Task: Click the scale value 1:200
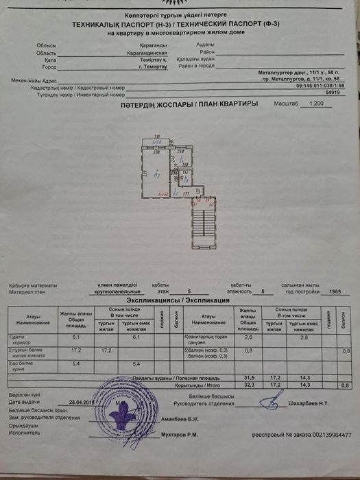click(x=316, y=104)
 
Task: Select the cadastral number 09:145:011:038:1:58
click(x=321, y=86)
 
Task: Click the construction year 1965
click(x=335, y=291)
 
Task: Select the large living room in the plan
click(x=157, y=175)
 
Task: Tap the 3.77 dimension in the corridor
click(x=186, y=195)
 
